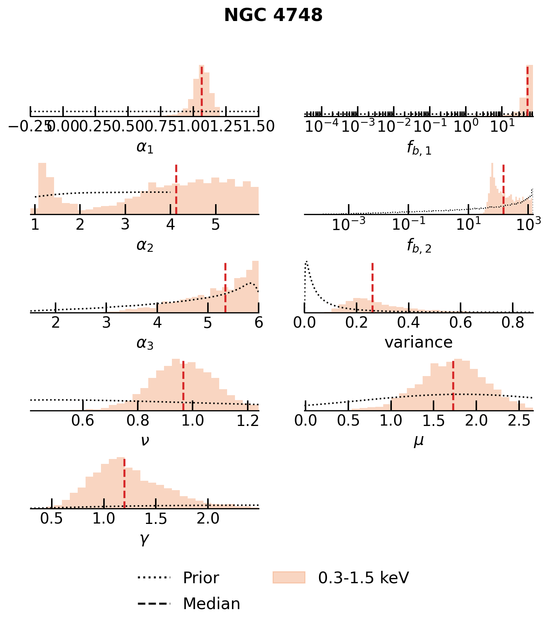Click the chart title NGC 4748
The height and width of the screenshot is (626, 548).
[273, 16]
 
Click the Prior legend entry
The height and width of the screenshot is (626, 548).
[201, 578]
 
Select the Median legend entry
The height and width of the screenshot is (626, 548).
[211, 604]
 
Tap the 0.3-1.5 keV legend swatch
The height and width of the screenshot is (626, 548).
[289, 578]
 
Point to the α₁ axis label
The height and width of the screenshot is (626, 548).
[145, 147]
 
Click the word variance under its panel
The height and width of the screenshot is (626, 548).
[419, 342]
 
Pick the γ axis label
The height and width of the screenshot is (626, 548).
[145, 539]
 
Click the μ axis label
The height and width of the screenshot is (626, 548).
[419, 441]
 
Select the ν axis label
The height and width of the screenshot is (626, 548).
[145, 441]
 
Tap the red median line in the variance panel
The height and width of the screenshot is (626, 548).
[372, 287]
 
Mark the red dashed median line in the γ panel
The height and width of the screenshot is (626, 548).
[124, 483]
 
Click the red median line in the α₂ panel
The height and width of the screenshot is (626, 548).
[176, 190]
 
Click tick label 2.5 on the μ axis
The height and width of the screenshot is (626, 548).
[519, 421]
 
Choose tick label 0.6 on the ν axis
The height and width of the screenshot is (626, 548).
[83, 421]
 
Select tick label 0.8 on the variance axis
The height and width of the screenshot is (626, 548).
[513, 323]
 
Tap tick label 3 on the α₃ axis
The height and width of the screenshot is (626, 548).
[107, 323]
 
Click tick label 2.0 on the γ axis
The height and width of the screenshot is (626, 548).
[208, 519]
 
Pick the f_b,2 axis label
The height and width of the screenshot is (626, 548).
[419, 246]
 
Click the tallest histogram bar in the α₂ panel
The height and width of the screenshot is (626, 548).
[42, 188]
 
